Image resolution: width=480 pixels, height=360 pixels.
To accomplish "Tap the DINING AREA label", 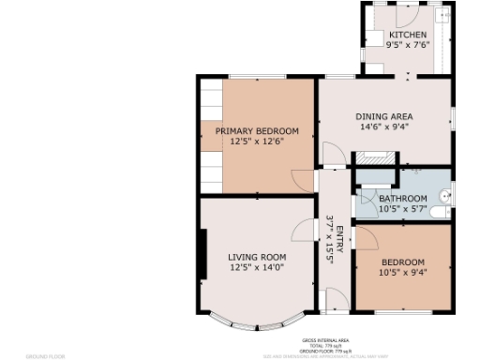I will (x=383, y=117).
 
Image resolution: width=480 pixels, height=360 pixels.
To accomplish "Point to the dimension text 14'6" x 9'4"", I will (x=383, y=128).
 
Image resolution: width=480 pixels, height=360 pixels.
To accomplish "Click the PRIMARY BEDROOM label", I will (x=257, y=131).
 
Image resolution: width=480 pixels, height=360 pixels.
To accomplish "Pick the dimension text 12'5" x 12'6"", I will (x=257, y=142).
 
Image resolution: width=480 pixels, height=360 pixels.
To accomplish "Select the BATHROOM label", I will (x=402, y=199).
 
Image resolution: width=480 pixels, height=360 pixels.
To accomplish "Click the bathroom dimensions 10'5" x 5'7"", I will (x=402, y=209).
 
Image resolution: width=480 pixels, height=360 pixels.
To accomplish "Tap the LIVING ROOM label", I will (x=257, y=256).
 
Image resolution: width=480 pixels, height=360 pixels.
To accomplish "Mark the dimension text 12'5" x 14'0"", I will (x=257, y=267).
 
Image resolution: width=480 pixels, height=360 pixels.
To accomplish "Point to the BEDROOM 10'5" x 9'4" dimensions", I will (x=402, y=273).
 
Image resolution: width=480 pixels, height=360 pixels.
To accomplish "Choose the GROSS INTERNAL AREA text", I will (x=325, y=340).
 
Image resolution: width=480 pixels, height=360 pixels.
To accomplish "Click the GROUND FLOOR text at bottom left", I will (x=43, y=356).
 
